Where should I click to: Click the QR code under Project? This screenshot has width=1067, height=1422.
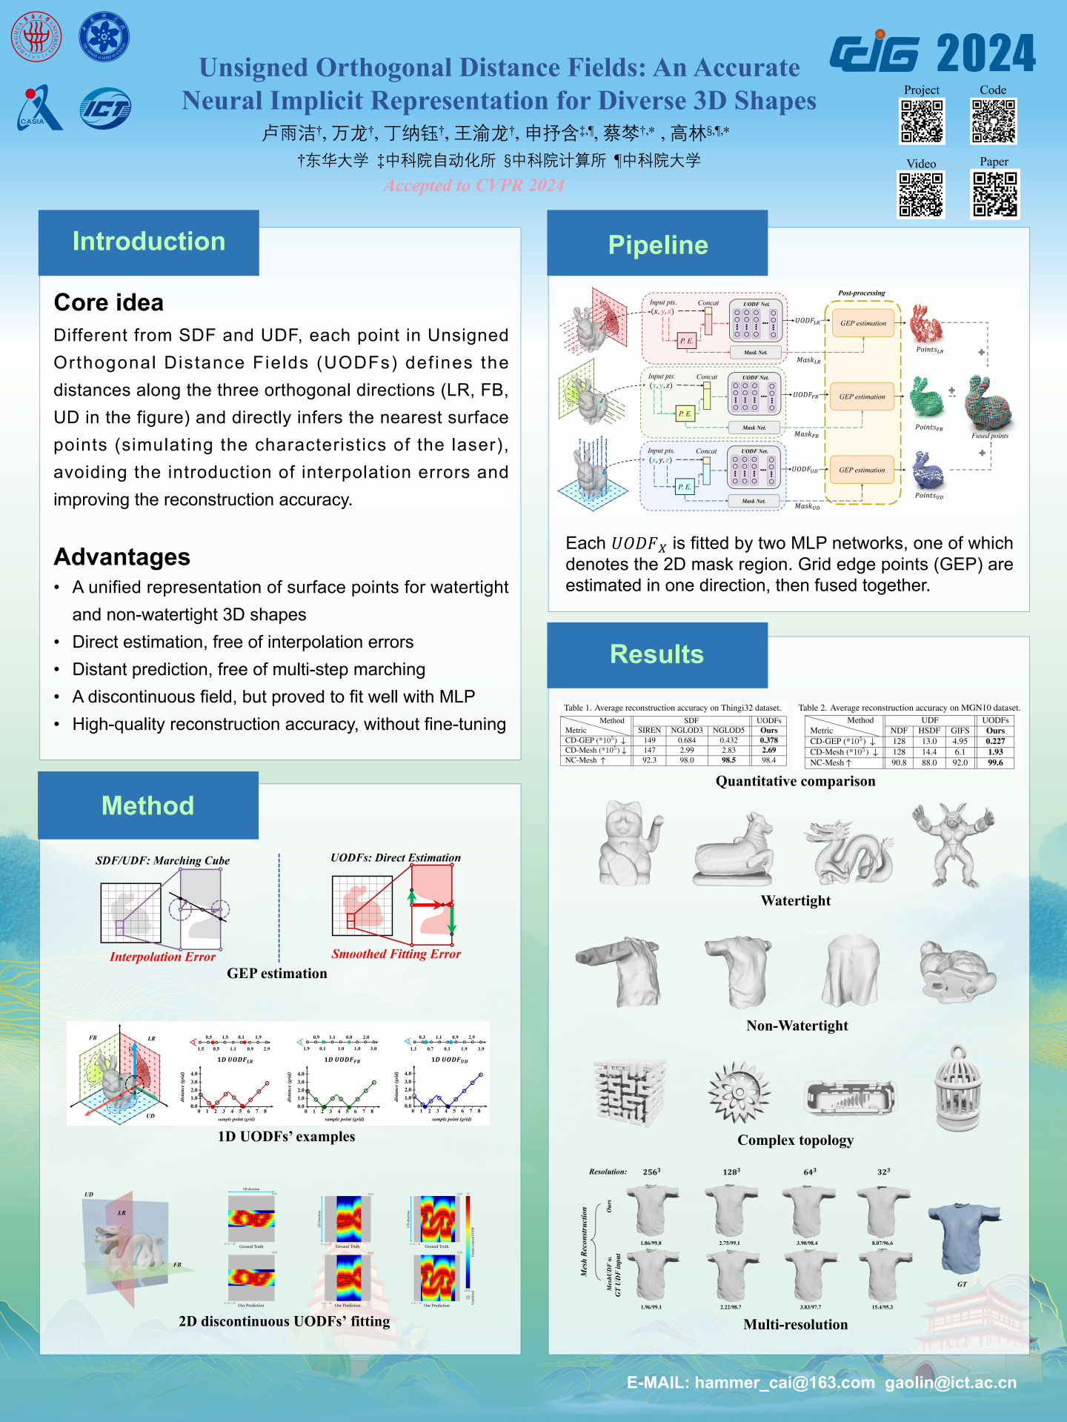922,122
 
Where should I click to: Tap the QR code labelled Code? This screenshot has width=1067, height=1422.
994,122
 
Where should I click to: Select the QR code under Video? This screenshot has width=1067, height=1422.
921,195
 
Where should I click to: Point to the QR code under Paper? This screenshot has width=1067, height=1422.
994,194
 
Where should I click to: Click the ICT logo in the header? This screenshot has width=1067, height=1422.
106,108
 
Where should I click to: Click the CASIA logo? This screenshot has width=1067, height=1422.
39,108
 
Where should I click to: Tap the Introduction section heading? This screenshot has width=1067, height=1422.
148,242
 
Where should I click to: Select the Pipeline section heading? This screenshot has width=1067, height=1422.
657,245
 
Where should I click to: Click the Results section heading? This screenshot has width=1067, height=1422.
657,654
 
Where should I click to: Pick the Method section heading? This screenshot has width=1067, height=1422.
147,805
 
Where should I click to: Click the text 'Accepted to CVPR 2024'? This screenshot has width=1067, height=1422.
474,185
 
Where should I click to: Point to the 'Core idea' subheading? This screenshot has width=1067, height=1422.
109,302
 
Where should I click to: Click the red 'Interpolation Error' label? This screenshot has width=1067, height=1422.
162,957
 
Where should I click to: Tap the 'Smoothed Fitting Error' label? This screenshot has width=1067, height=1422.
396,954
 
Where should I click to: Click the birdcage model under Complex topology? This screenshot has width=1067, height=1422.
958,1089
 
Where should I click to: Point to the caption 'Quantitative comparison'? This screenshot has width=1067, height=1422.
795,781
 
